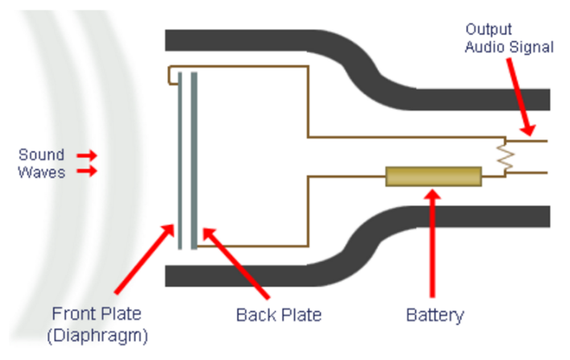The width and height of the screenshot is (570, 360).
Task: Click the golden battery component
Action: tap(433, 176)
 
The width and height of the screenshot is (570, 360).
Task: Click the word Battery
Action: tap(436, 314)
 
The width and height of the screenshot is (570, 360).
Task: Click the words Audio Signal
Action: tap(510, 47)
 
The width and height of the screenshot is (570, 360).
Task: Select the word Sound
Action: tap(41, 155)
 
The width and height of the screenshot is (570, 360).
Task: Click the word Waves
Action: tap(42, 172)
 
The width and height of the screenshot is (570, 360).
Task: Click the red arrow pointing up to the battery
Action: tap(433, 242)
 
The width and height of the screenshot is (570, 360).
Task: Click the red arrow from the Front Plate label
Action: tap(144, 259)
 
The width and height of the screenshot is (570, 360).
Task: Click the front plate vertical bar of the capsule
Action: tap(180, 161)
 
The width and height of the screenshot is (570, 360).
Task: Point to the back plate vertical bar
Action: tap(193, 161)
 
